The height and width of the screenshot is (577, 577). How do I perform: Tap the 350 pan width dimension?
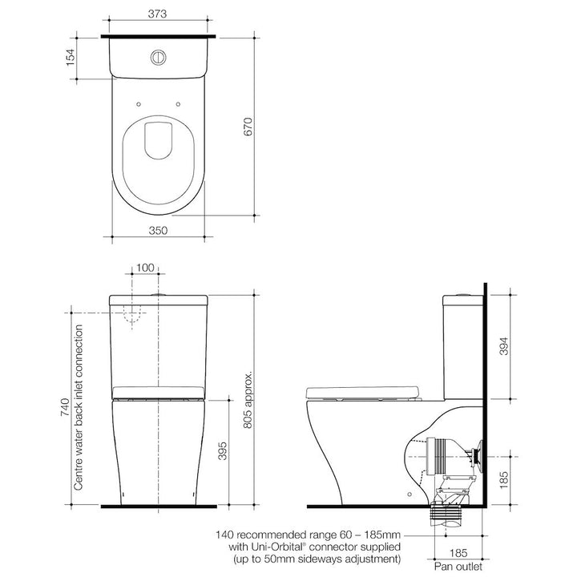click(x=158, y=230)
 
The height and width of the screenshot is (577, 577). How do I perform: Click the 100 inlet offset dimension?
click(x=144, y=268)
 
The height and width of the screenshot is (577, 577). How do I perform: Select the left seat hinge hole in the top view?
click(x=139, y=103)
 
